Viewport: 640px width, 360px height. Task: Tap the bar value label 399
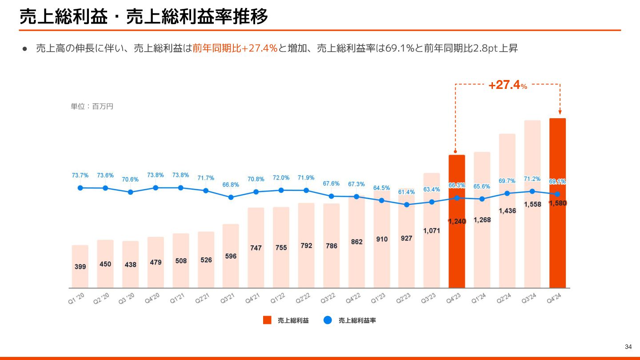point(80,267)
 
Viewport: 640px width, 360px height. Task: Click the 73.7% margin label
point(80,176)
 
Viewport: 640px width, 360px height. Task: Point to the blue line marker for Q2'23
point(406,205)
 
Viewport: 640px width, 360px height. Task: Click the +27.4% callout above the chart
point(508,85)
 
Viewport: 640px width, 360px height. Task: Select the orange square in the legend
point(267,320)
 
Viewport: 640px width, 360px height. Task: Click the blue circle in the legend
point(328,320)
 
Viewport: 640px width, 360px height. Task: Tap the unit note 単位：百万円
point(92,107)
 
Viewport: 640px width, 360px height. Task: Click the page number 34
point(628,347)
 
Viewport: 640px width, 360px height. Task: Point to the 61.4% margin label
point(406,192)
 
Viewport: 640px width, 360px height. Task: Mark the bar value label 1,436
point(507,211)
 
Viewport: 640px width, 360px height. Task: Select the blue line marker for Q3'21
point(231,197)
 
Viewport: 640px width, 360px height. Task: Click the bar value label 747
point(256,248)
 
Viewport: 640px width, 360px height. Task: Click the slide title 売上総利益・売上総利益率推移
point(144,17)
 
